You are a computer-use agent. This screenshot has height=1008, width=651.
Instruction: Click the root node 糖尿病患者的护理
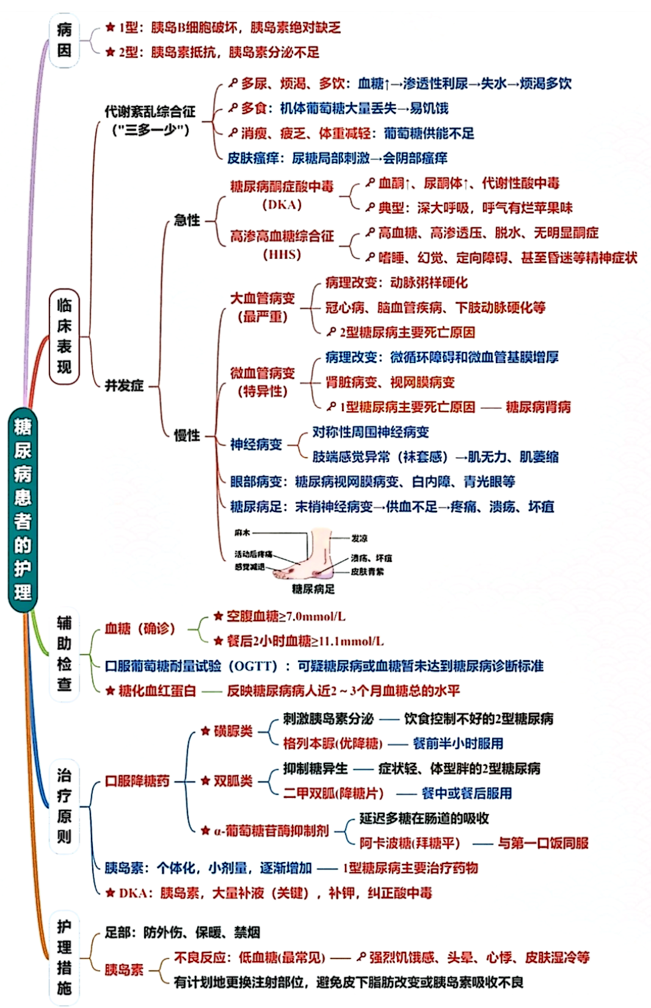click(x=23, y=510)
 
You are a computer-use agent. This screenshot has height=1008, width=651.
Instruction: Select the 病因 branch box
click(x=64, y=40)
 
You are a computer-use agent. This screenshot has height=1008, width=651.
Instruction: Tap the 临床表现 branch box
click(x=64, y=336)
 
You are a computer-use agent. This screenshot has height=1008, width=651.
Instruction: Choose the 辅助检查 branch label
click(x=64, y=653)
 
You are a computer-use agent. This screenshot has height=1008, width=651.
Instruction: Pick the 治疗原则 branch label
click(x=64, y=806)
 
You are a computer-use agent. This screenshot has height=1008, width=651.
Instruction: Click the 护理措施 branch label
click(x=64, y=957)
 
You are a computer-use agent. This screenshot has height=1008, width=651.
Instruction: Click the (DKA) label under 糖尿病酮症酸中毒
click(x=282, y=205)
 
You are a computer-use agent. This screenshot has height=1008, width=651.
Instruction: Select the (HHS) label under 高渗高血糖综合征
click(x=282, y=254)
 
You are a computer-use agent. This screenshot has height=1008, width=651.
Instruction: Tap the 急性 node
click(x=187, y=220)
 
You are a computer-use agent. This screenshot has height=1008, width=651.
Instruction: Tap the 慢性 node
click(x=187, y=436)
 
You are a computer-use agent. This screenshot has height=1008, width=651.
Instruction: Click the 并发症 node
click(x=124, y=386)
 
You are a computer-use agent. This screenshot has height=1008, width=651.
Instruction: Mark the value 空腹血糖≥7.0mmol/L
click(x=286, y=617)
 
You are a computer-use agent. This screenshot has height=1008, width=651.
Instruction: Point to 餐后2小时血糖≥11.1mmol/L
click(x=305, y=641)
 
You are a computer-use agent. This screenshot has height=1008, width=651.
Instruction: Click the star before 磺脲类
click(x=206, y=731)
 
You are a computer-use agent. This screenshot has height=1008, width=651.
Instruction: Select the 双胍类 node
click(x=233, y=781)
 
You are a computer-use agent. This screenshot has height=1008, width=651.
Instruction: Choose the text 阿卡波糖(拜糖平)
click(x=409, y=843)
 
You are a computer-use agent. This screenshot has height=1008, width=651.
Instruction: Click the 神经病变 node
click(x=256, y=445)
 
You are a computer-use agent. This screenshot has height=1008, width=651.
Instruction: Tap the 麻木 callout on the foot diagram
click(x=242, y=533)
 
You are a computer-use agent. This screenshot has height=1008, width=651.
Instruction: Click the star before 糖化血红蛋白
click(x=110, y=691)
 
